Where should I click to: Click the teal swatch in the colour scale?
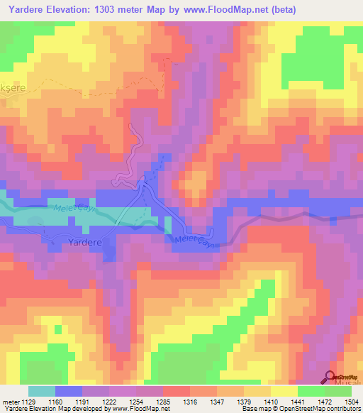[41, 391]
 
